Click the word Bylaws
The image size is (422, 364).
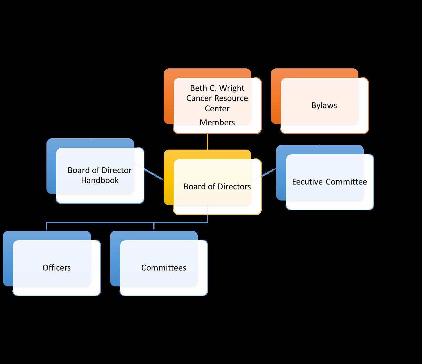(x=324, y=105)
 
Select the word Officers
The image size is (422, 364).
(x=57, y=268)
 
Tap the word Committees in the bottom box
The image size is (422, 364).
(x=164, y=268)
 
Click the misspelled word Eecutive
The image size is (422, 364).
(x=307, y=182)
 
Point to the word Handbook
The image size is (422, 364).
(x=100, y=180)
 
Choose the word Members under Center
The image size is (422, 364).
(x=217, y=122)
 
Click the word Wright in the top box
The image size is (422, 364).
(x=232, y=88)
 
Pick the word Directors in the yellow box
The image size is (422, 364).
(x=234, y=187)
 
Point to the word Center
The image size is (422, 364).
(x=217, y=108)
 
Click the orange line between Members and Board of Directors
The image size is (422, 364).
(x=207, y=142)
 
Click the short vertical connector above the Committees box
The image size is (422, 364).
(x=154, y=227)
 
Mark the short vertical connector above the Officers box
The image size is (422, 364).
(x=47, y=227)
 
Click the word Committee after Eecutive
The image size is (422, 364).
(x=346, y=182)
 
